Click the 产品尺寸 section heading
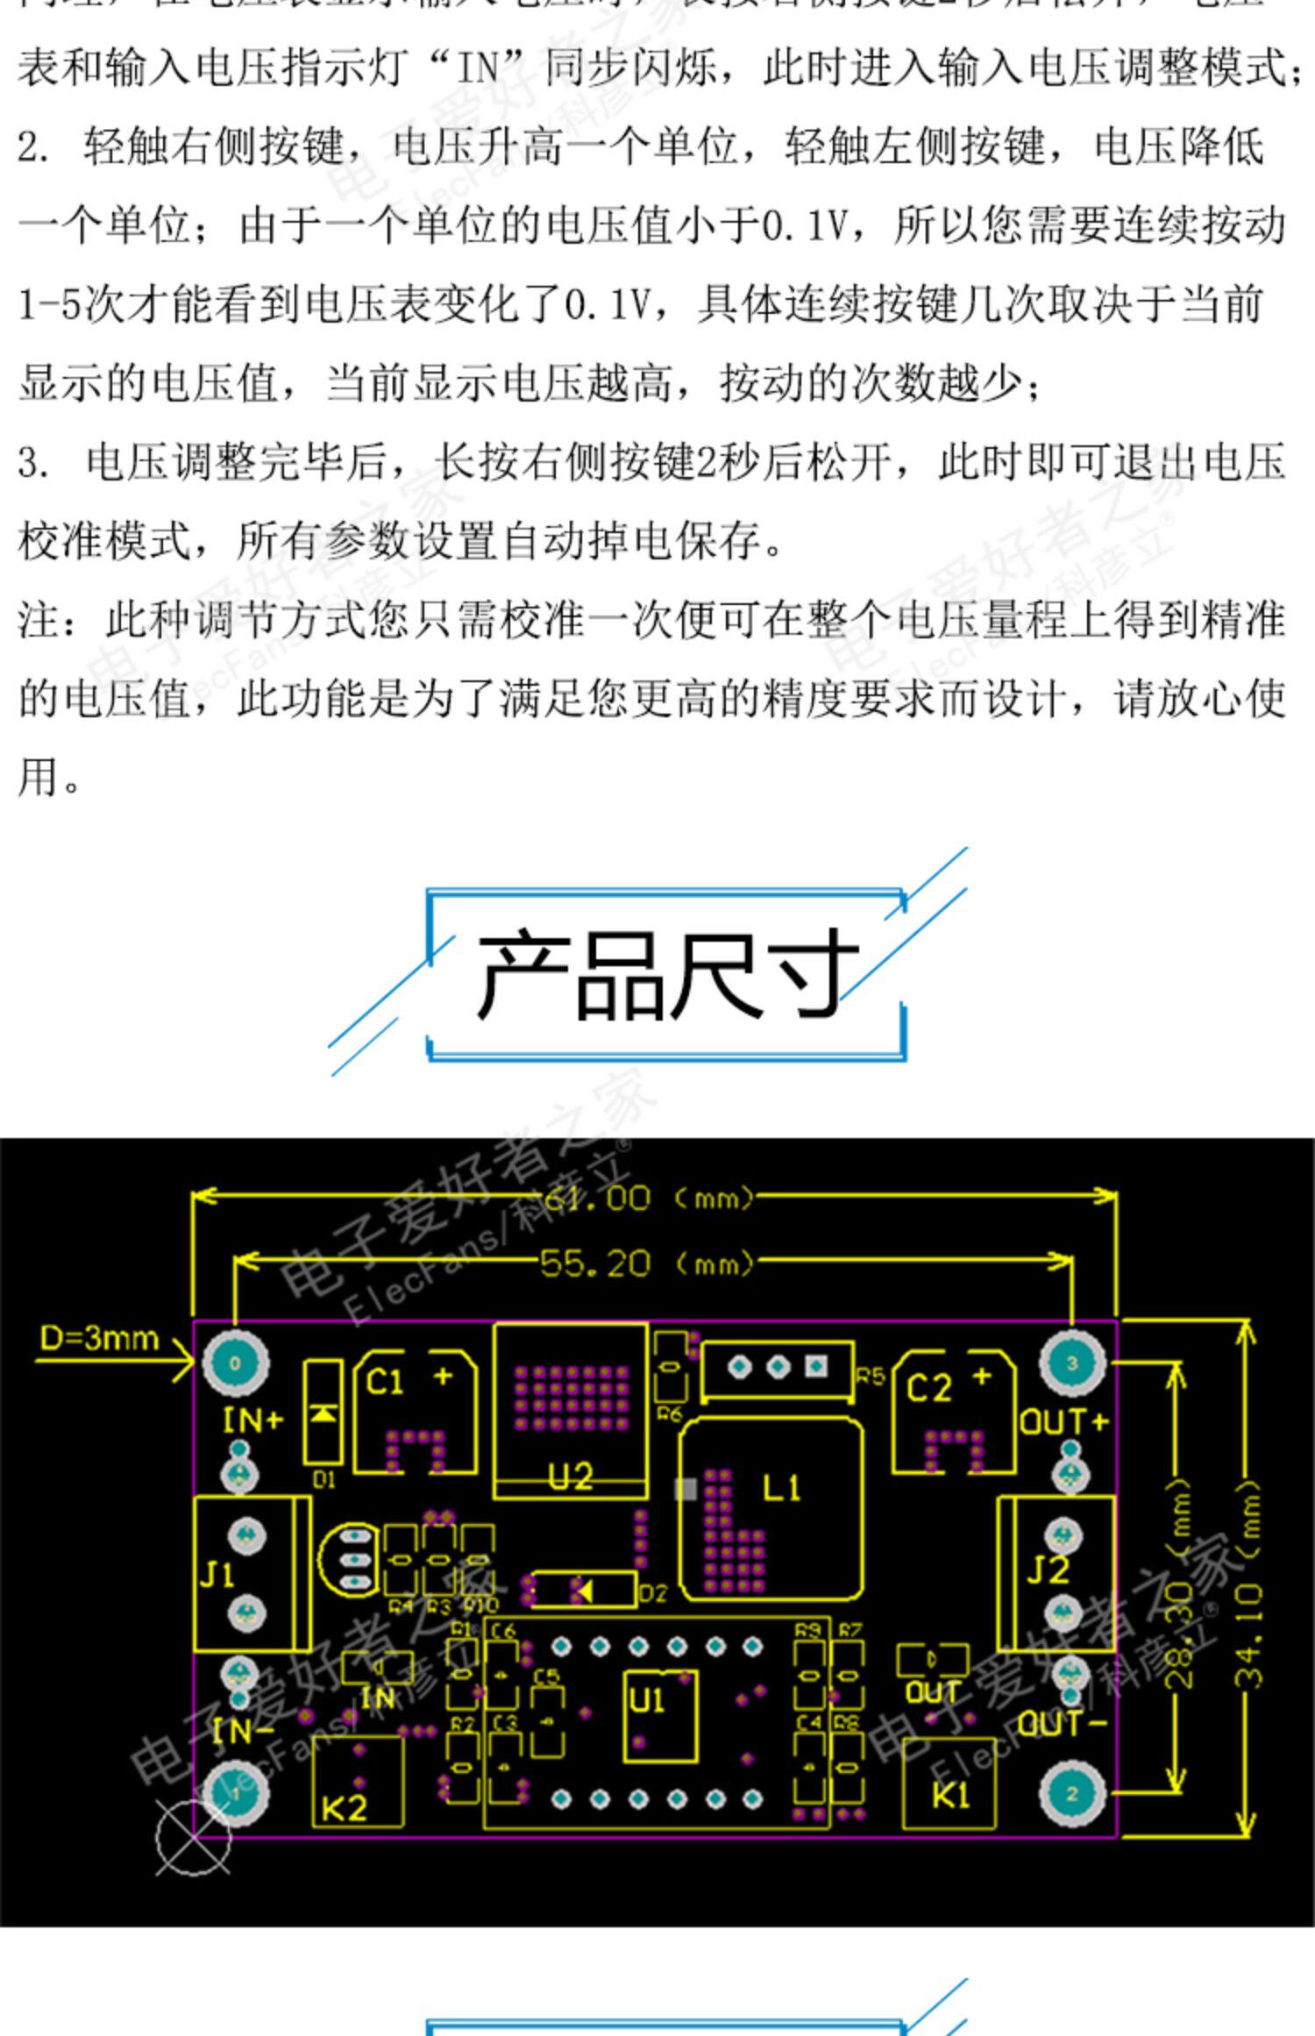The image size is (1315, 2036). click(666, 974)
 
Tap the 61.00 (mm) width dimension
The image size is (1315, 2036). click(649, 1198)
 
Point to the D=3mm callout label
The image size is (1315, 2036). click(99, 1338)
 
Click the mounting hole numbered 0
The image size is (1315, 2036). click(235, 1363)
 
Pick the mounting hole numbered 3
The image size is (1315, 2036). click(1071, 1363)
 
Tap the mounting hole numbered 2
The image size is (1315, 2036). click(1071, 1793)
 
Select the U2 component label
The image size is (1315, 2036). click(571, 1477)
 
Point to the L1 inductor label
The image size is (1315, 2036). click(781, 1488)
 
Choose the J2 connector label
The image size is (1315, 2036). click(1048, 1570)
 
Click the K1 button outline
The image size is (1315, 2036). click(949, 1783)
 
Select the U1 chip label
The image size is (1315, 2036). click(647, 1701)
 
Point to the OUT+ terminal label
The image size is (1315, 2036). click(1063, 1420)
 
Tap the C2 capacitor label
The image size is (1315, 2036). click(928, 1388)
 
